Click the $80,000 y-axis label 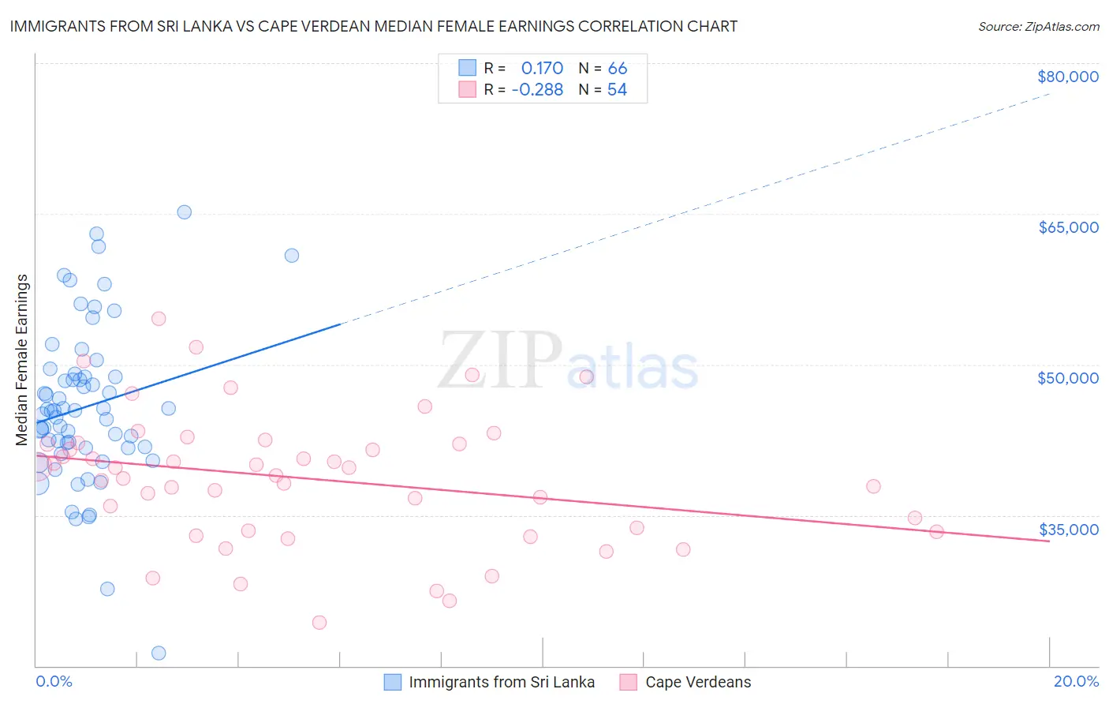(1067, 77)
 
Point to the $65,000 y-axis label (1067, 227)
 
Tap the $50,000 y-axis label (1067, 378)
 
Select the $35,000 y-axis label (1067, 530)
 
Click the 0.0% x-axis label (54, 681)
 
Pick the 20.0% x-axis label (1076, 681)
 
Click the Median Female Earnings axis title (22, 360)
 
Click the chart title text (374, 26)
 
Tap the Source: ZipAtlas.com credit (1038, 27)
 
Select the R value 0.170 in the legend (542, 69)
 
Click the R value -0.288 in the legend (537, 90)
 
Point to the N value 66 (617, 69)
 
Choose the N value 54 (617, 90)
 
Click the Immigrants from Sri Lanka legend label (502, 682)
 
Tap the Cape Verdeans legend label (698, 682)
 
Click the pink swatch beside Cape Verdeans (629, 682)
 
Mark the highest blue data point (184, 212)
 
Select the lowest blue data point (159, 653)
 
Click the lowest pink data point (319, 622)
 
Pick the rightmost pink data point (936, 532)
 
